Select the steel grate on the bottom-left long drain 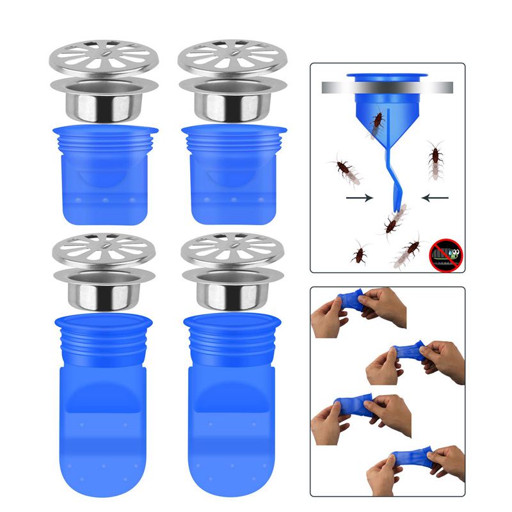click(104, 250)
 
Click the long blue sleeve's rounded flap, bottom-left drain click(106, 435)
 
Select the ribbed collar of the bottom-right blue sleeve click(234, 346)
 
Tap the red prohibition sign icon click(443, 251)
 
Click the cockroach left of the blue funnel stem click(346, 170)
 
